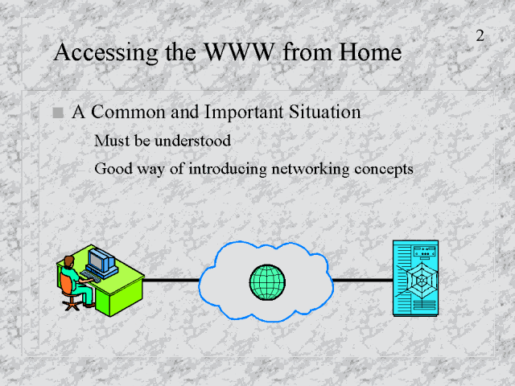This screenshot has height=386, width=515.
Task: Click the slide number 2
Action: pyautogui.click(x=480, y=36)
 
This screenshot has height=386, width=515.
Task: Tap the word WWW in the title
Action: pyautogui.click(x=236, y=54)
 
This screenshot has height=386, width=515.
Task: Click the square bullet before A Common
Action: pyautogui.click(x=56, y=113)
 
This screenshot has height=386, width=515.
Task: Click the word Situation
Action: pyautogui.click(x=323, y=113)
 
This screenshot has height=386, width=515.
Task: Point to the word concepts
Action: pyautogui.click(x=383, y=169)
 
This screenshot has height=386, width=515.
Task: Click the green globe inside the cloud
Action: pyautogui.click(x=267, y=281)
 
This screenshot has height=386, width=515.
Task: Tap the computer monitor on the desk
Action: pyautogui.click(x=101, y=260)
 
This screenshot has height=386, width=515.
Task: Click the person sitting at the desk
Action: pyautogui.click(x=75, y=277)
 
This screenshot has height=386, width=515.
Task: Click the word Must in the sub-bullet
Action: pyautogui.click(x=109, y=141)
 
